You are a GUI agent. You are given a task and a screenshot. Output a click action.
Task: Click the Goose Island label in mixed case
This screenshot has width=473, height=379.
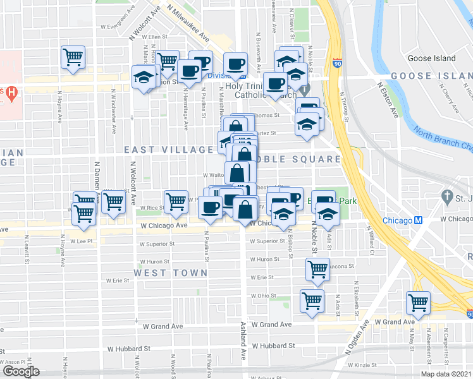(432, 58)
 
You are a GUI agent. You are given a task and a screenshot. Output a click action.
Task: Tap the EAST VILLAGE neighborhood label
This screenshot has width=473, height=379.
(168, 150)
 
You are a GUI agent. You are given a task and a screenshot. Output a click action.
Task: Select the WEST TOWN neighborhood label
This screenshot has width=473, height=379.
(170, 272)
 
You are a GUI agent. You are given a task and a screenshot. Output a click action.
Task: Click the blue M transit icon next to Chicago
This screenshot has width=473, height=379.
(418, 220)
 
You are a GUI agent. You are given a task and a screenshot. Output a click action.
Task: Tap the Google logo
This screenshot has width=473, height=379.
(20, 371)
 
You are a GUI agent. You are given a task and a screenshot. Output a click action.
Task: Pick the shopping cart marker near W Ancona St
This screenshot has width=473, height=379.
(317, 269)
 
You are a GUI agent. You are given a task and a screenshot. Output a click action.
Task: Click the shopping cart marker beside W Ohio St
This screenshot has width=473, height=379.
(312, 301)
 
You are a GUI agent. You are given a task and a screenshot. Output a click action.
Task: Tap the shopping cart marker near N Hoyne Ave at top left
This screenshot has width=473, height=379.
(73, 57)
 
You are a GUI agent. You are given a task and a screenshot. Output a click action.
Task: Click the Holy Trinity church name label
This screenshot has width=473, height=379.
(248, 85)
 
